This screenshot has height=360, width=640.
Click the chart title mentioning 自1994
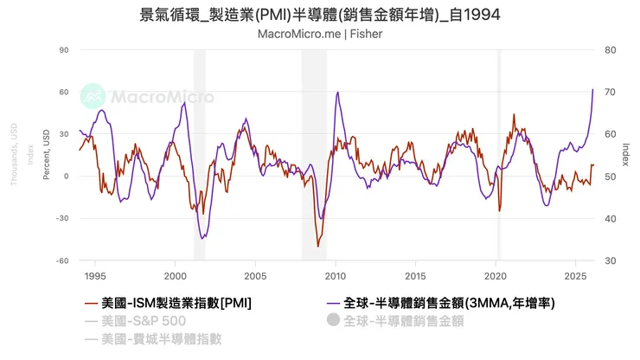click(319, 15)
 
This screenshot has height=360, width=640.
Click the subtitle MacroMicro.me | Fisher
click(320, 34)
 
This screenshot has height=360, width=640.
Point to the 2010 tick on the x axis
click(335, 275)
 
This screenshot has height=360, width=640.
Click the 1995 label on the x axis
click(95, 275)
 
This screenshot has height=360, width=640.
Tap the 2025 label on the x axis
click(574, 275)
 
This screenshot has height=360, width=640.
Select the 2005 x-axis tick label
click(255, 275)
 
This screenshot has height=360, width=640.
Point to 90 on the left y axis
click(63, 50)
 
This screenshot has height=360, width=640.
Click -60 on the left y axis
click(61, 260)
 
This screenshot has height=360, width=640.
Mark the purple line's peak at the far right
click(592, 90)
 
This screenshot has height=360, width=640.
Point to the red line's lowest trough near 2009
click(317, 247)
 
